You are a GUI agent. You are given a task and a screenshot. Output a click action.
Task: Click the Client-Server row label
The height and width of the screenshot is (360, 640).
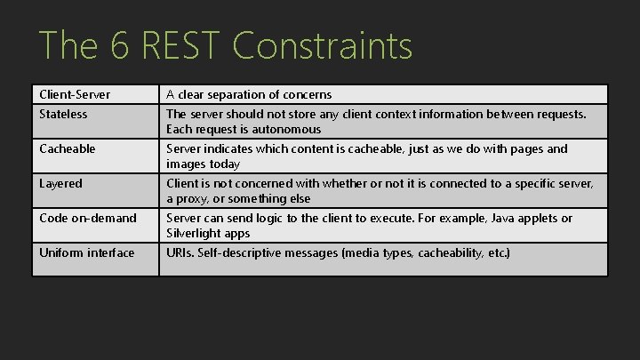[x=76, y=94]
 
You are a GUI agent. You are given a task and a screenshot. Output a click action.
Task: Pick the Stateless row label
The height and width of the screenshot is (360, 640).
[x=64, y=114]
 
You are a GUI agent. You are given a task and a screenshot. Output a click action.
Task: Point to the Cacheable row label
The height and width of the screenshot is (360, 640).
[x=68, y=148]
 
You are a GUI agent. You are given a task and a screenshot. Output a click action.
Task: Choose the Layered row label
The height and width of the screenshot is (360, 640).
[x=61, y=183]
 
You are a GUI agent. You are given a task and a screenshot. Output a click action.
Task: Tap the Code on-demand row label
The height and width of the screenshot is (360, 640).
[x=88, y=218]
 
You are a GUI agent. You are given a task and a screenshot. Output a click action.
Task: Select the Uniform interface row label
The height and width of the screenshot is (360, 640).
[x=87, y=252]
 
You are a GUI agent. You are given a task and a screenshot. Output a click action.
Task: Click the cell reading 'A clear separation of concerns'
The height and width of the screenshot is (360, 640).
[x=249, y=94]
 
